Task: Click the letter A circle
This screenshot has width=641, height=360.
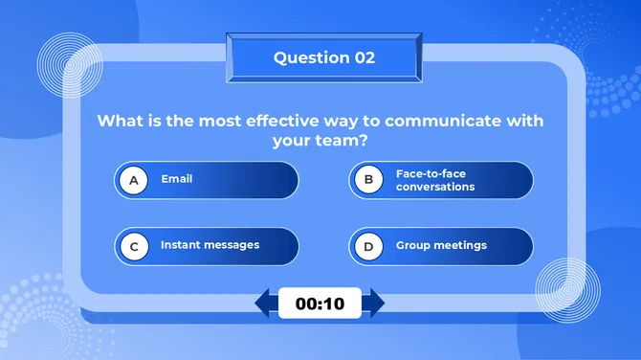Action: coord(134,180)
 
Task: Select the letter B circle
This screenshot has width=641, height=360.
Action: coord(368,180)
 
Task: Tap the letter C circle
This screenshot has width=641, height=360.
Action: coord(134,246)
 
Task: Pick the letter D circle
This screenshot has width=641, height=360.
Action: coord(368,246)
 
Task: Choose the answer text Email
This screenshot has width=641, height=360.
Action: coord(176,179)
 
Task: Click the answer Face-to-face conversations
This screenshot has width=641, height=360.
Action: coord(435,180)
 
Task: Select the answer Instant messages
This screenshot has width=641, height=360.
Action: coord(210,245)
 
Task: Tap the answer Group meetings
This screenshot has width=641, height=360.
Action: coord(441,246)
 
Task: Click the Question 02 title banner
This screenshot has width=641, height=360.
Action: coord(323,58)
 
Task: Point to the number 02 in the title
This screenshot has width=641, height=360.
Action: coord(365,57)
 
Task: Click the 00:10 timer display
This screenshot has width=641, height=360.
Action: coord(320,304)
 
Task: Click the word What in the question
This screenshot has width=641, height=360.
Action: coord(122,122)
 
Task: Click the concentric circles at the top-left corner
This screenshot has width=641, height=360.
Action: coord(70,65)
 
